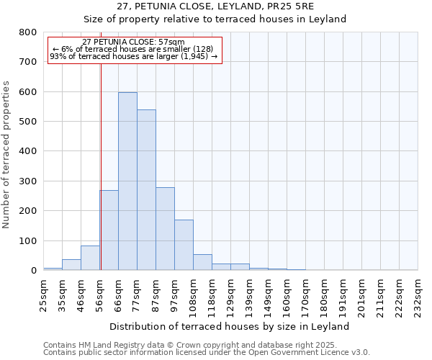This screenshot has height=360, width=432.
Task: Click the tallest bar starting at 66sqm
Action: (x=127, y=181)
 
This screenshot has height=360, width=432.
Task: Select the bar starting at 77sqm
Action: (x=146, y=190)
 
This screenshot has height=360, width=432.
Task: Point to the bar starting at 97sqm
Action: (x=184, y=245)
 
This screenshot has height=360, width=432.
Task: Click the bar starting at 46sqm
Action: (x=90, y=258)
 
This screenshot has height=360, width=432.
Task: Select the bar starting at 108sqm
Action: (x=202, y=263)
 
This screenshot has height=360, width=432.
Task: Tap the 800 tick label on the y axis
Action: (x=27, y=32)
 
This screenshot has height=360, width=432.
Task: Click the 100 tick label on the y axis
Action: (x=27, y=241)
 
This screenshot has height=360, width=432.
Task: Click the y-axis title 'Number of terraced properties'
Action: (x=6, y=155)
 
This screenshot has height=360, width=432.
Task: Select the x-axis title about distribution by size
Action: (x=230, y=326)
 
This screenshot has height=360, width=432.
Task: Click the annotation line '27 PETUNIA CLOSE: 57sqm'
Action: (x=134, y=42)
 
